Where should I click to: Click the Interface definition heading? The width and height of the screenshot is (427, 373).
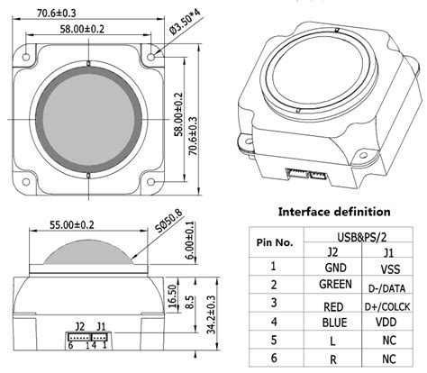[x=332, y=212]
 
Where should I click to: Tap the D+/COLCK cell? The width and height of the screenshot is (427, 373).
[x=388, y=305]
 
